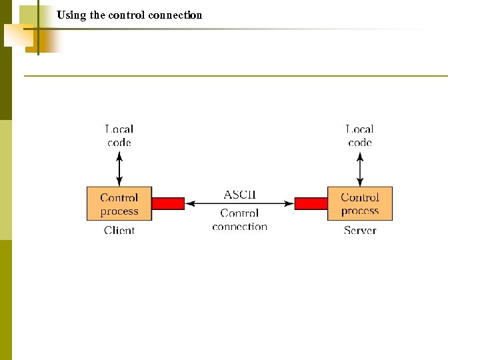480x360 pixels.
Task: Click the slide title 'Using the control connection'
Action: (129, 15)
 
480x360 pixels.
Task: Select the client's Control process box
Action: (119, 203)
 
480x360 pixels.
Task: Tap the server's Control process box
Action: (360, 203)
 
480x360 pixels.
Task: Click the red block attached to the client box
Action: (168, 203)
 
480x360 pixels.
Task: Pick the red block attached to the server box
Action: (311, 203)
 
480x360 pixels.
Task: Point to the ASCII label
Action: (239, 195)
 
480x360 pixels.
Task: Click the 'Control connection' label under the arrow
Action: (239, 220)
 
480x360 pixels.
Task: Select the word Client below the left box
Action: (119, 231)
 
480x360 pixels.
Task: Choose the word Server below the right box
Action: (360, 231)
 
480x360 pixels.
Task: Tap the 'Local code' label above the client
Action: (119, 135)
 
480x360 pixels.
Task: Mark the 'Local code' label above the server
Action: (360, 135)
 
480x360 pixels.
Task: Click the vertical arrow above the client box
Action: (119, 169)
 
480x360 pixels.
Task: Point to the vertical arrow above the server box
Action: (360, 169)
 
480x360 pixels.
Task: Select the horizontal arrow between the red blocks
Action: (239, 203)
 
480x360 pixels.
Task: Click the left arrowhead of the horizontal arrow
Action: (189, 203)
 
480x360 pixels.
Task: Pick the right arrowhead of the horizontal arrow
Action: (290, 203)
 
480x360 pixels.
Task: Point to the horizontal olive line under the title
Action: (236, 76)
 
